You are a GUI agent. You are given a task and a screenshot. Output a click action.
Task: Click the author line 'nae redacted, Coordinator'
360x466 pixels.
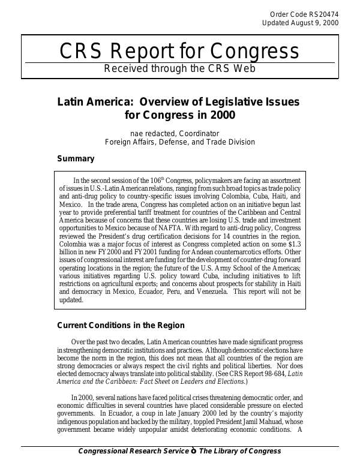pyautogui.click(x=175, y=133)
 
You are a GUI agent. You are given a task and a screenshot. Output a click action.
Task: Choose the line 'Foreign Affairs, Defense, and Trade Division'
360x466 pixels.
pyautogui.click(x=180, y=142)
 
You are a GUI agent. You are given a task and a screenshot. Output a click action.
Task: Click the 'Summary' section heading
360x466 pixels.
pyautogui.click(x=75, y=159)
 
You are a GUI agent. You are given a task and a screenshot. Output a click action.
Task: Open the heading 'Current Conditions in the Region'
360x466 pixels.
pyautogui.click(x=120, y=326)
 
